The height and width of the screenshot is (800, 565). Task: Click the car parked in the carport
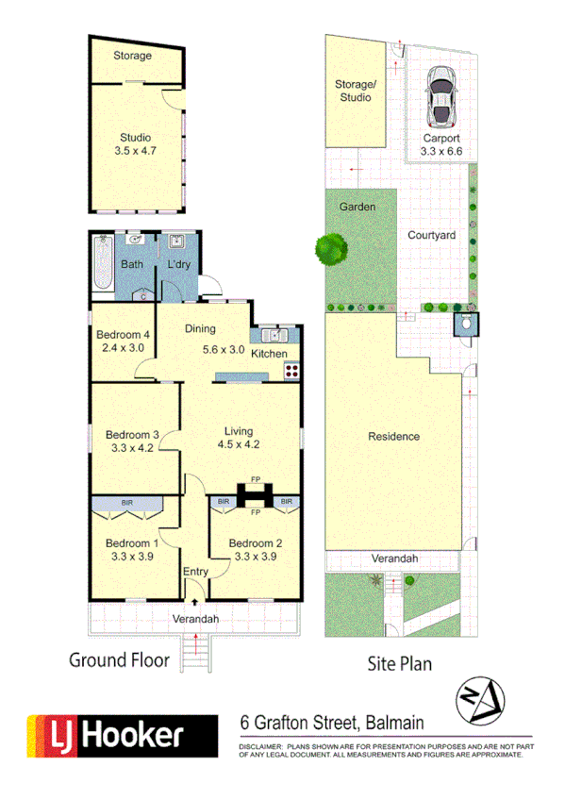[440, 97]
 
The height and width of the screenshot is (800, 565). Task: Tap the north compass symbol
[480, 701]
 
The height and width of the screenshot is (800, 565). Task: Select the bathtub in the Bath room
[103, 267]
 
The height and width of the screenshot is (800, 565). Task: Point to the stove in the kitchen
[291, 370]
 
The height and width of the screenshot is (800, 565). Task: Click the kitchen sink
[276, 335]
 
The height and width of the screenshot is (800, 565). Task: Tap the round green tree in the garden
[330, 249]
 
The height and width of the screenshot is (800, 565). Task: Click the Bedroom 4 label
[125, 335]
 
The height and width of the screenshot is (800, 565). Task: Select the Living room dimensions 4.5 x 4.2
[238, 446]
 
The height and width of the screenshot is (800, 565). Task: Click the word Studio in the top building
[135, 138]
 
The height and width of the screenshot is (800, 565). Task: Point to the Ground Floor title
[119, 659]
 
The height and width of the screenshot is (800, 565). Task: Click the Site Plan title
[399, 663]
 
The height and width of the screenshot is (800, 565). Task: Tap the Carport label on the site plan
[440, 138]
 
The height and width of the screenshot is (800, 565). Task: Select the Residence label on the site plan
[394, 436]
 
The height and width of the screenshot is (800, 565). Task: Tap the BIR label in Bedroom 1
[126, 503]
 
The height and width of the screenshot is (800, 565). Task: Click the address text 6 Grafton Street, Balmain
[332, 724]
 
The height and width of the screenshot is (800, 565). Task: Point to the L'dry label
[179, 264]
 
